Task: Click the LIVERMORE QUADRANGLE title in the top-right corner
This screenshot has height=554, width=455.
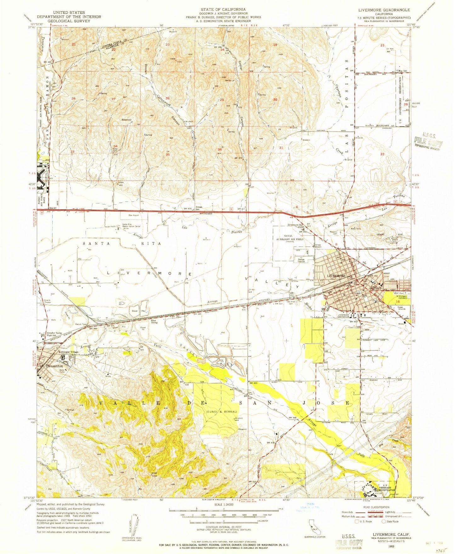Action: [x=391, y=10]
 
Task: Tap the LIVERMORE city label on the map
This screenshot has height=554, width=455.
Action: [x=336, y=276]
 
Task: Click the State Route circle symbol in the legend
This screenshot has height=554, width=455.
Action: [x=384, y=522]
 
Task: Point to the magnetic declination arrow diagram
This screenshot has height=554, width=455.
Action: [x=134, y=524]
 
